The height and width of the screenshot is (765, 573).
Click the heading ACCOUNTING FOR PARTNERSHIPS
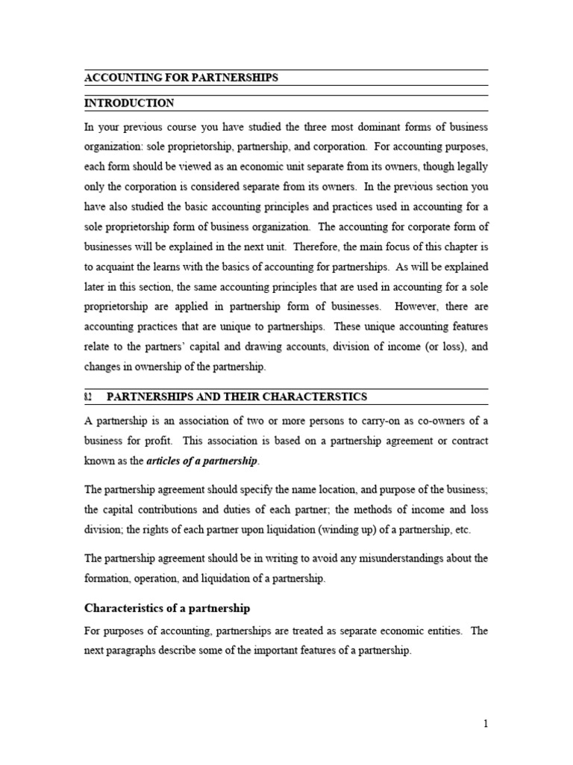coord(181,78)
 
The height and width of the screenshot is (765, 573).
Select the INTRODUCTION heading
coord(129,103)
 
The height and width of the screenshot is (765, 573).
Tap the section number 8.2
coord(88,397)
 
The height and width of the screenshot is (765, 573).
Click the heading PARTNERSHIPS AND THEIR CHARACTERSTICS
coord(237,397)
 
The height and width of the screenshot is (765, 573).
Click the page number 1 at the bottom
coord(485,723)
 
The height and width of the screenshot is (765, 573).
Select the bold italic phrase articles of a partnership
coord(201,462)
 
